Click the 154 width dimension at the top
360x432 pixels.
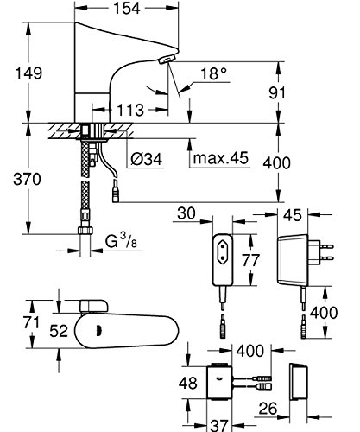point(127,8)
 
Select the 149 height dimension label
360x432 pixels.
point(28,73)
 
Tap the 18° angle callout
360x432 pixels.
point(213,73)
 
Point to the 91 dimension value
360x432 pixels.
point(277,92)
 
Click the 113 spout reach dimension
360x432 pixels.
point(130,110)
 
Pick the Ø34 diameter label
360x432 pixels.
point(147,159)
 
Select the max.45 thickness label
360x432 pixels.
point(221,158)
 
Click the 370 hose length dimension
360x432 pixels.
point(28,179)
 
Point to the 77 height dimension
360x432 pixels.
point(250,260)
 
